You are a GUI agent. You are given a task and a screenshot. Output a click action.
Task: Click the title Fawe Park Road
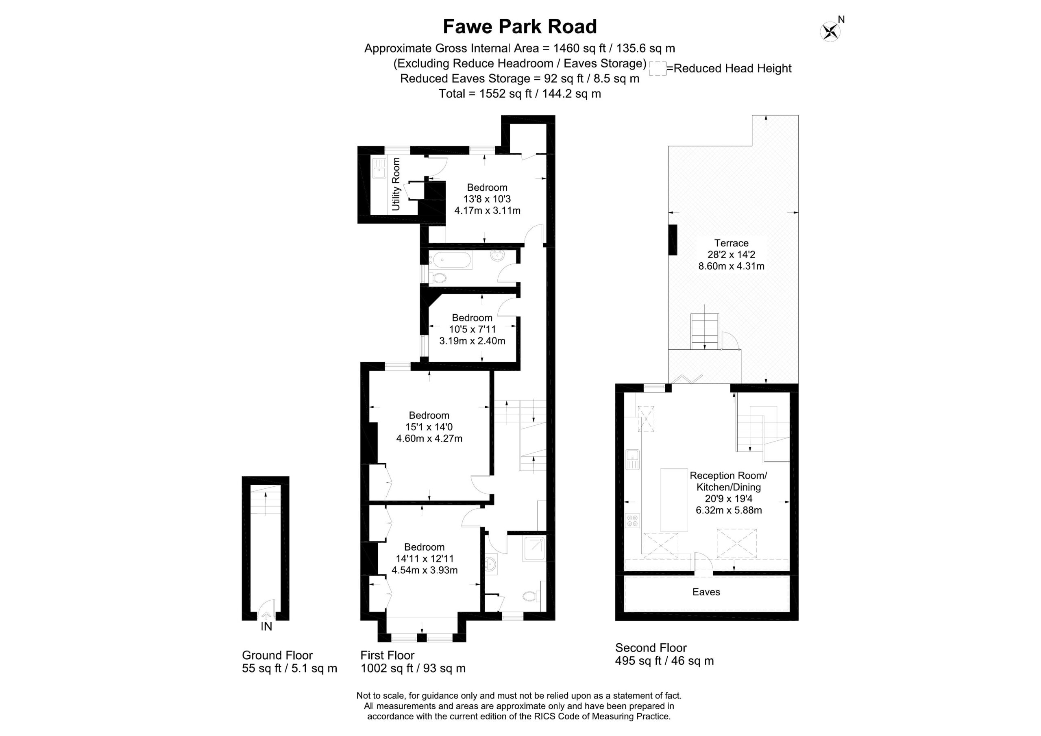[520, 26]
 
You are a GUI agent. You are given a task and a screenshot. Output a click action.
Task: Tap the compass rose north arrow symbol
[831, 31]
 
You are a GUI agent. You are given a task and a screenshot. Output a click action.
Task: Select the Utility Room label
[396, 184]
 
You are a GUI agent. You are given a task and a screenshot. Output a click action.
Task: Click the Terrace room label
[731, 243]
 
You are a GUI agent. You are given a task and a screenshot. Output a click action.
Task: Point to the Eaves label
[706, 592]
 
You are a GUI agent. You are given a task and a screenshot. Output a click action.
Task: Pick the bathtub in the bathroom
[453, 260]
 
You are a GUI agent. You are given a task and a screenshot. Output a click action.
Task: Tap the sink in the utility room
[379, 168]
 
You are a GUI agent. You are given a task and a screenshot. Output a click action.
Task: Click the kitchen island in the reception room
[674, 500]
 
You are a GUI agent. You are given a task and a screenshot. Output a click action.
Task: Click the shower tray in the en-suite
[533, 549]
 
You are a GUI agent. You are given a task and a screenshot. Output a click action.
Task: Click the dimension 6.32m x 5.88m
[729, 510]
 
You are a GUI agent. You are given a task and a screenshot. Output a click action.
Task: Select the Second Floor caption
[651, 648]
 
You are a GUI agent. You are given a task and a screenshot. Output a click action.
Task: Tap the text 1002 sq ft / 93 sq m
[413, 668]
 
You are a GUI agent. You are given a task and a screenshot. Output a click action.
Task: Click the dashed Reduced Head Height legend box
[658, 68]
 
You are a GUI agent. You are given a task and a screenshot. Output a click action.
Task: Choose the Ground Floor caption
[277, 655]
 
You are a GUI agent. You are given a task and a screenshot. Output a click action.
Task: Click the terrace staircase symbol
[705, 331]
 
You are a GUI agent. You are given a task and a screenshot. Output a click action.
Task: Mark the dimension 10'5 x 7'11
[473, 329]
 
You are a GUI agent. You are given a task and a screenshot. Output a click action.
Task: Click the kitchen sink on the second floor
[632, 459]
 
